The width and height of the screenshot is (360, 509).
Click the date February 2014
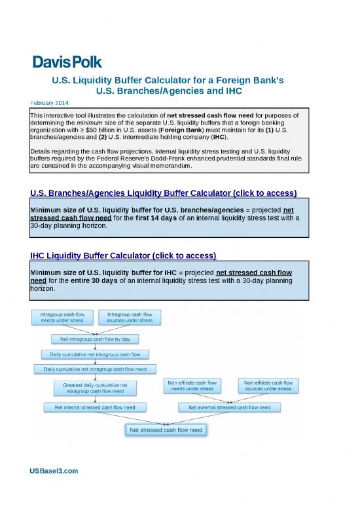click(x=54, y=104)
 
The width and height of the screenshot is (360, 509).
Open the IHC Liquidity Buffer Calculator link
click(x=123, y=254)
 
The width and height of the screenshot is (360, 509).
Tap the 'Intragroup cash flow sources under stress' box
click(x=130, y=318)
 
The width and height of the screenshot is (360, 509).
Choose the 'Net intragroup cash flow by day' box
click(x=94, y=339)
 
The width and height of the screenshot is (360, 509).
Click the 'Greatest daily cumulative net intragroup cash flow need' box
click(x=94, y=388)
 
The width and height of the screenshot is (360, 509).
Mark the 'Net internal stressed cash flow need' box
click(x=94, y=407)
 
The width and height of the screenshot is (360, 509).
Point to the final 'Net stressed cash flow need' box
click(x=166, y=430)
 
